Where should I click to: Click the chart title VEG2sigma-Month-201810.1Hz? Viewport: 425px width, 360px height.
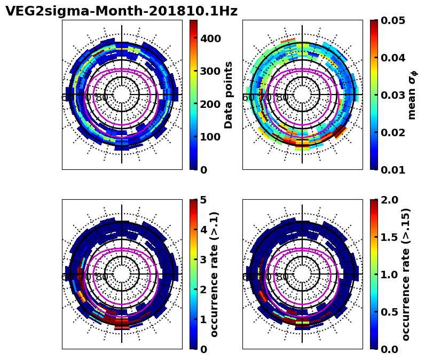point(121,11)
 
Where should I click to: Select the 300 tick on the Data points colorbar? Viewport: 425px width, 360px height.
point(210,71)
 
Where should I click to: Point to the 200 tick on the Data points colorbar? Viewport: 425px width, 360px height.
point(210,104)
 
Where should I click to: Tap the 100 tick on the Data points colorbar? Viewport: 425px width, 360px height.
point(210,137)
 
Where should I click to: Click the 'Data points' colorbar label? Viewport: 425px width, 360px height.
point(229,95)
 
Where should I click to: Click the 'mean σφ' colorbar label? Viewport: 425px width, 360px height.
point(412,95)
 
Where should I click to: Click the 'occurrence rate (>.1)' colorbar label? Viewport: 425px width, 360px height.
point(215,274)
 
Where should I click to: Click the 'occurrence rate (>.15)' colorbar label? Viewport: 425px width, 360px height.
point(406,274)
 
